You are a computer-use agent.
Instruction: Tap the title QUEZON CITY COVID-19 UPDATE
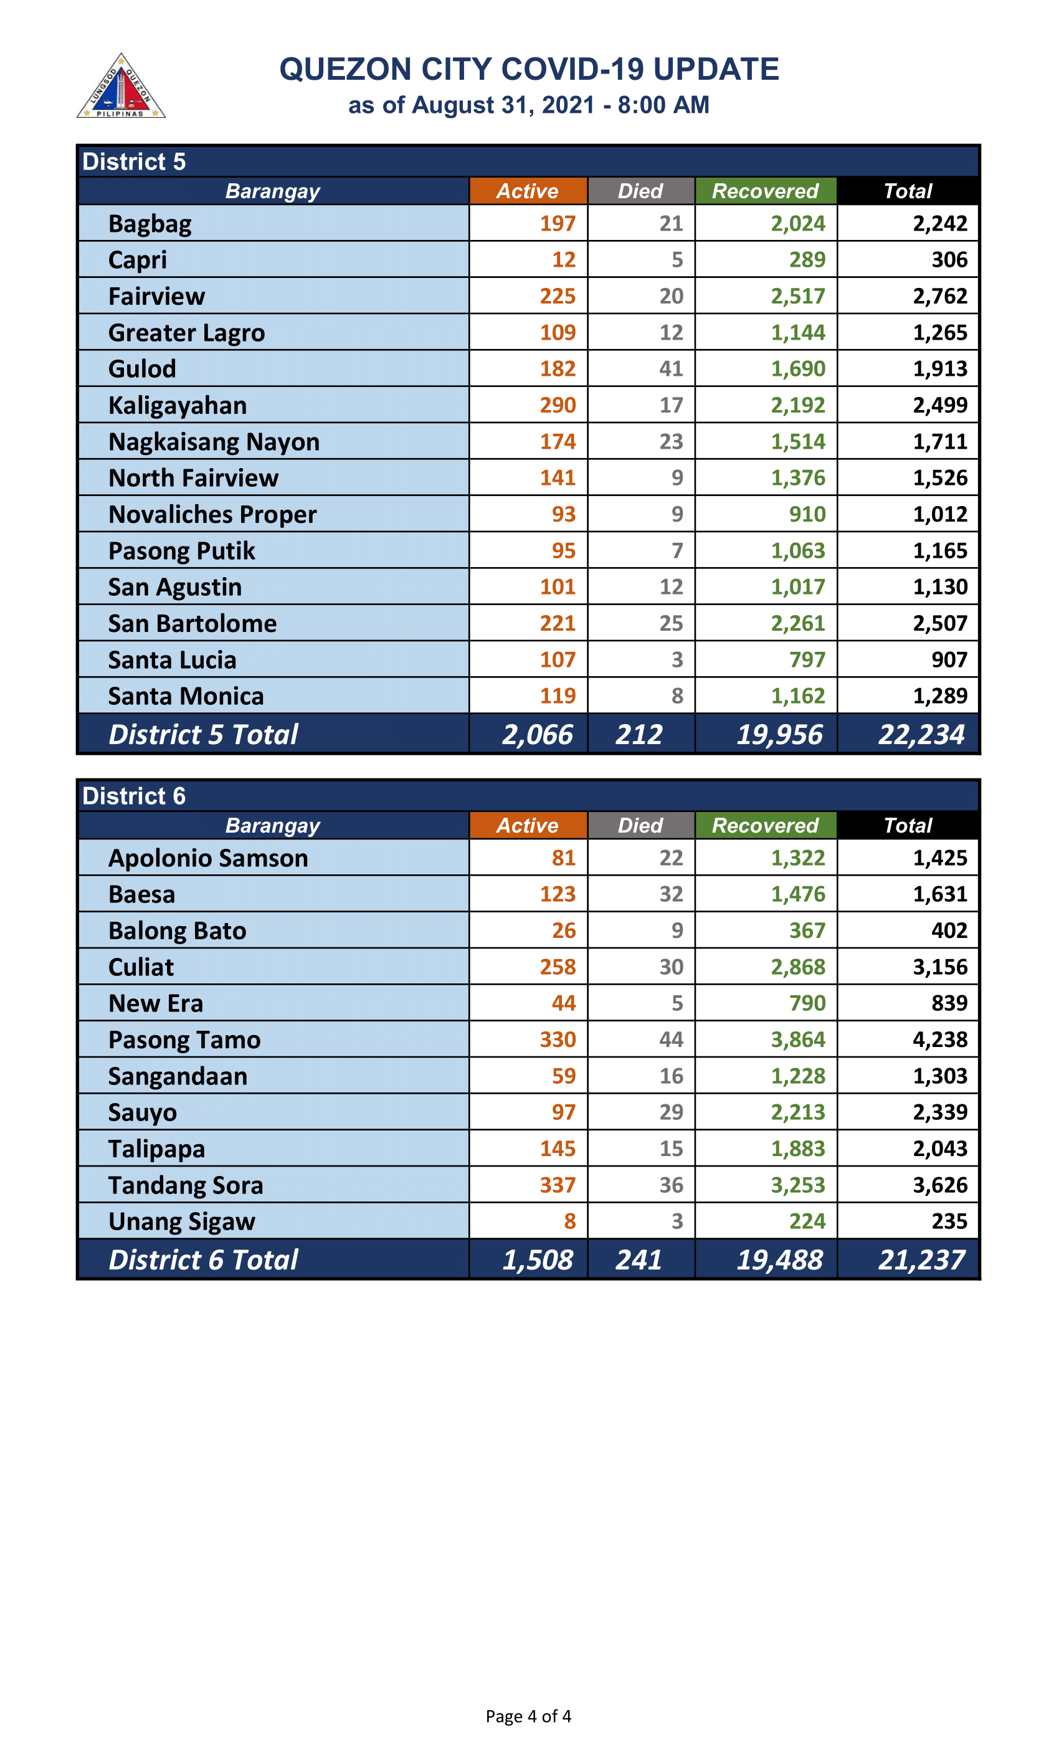(x=529, y=69)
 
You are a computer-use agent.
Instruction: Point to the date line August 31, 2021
(x=529, y=105)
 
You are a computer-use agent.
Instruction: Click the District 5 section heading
(x=134, y=161)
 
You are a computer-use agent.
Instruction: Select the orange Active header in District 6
(x=528, y=825)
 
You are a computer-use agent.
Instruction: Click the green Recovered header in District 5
(x=765, y=191)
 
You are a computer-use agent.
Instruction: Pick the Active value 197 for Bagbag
(x=558, y=224)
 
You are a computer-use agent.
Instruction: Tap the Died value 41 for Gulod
(x=671, y=369)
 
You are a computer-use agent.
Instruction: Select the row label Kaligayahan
(x=178, y=405)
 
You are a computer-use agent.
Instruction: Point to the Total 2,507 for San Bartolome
(x=939, y=623)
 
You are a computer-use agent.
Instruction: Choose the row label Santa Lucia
(x=172, y=660)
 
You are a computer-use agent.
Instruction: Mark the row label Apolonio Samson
(x=208, y=858)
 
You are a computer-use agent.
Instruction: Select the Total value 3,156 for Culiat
(x=939, y=967)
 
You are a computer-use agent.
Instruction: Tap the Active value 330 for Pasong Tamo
(x=558, y=1040)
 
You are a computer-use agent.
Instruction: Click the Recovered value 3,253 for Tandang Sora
(x=798, y=1185)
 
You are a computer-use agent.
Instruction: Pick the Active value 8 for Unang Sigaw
(x=570, y=1221)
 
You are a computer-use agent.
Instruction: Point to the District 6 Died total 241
(x=639, y=1260)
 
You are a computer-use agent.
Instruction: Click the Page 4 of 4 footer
(x=528, y=1716)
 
